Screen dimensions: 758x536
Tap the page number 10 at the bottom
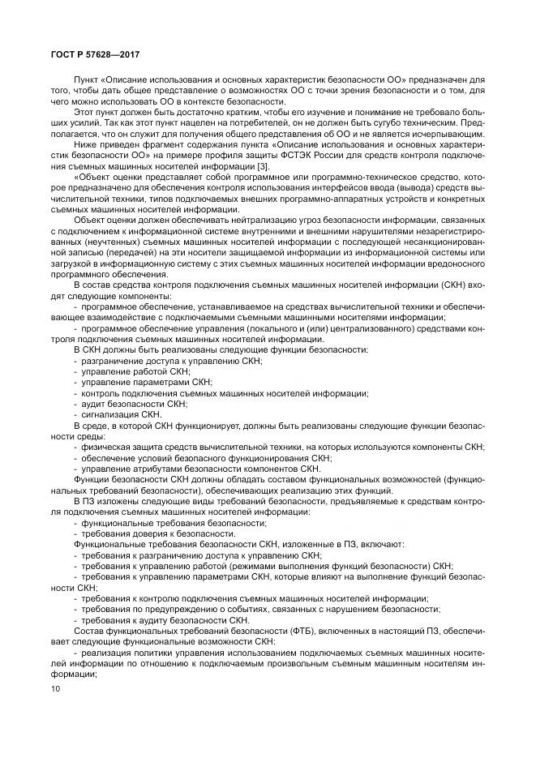coord(55,687)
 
